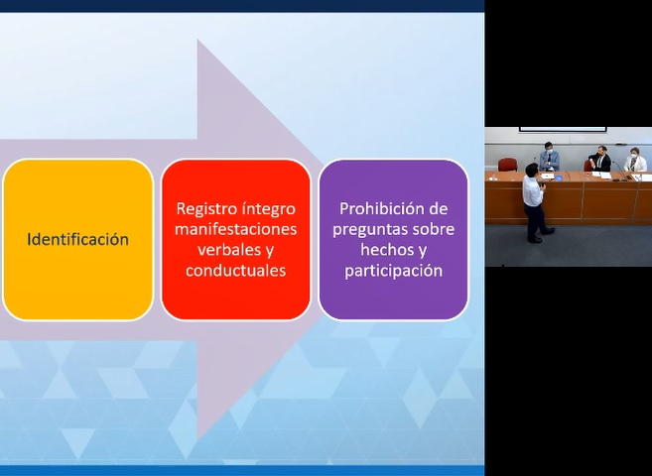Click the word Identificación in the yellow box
tap(77, 240)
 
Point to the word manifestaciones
tap(236, 229)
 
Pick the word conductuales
tap(236, 271)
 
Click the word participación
tap(393, 272)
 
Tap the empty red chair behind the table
tap(508, 165)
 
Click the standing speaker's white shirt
tap(533, 190)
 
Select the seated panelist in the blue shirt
tap(550, 157)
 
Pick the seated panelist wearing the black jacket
tap(600, 159)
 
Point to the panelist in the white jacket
tap(635, 160)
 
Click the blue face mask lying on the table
tap(558, 178)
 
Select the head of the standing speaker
tap(532, 170)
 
